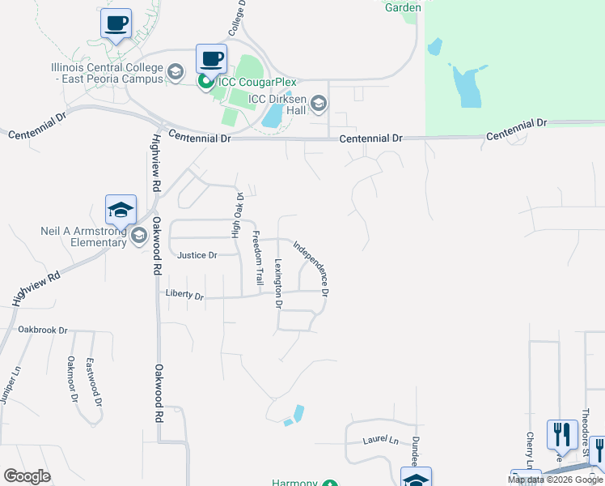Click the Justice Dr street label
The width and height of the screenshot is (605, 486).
pyautogui.click(x=197, y=255)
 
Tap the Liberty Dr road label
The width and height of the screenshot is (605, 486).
pyautogui.click(x=184, y=296)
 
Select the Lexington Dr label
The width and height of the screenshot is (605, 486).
pyautogui.click(x=277, y=283)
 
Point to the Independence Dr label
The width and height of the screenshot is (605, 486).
pyautogui.click(x=311, y=266)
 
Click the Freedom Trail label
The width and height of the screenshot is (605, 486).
pyautogui.click(x=258, y=258)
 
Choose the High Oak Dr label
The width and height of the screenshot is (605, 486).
pyautogui.click(x=238, y=215)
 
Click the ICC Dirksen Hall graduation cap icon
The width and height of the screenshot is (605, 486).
pyautogui.click(x=319, y=102)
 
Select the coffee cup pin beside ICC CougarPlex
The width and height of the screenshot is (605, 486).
pyautogui.click(x=211, y=58)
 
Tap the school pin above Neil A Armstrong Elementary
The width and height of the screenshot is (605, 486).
pyautogui.click(x=121, y=210)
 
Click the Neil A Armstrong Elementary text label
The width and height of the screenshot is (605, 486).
pyautogui.click(x=84, y=236)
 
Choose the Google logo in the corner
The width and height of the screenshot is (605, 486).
pyautogui.click(x=27, y=476)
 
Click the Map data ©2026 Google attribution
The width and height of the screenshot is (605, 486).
pyautogui.click(x=555, y=480)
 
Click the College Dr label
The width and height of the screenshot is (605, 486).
pyautogui.click(x=240, y=18)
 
